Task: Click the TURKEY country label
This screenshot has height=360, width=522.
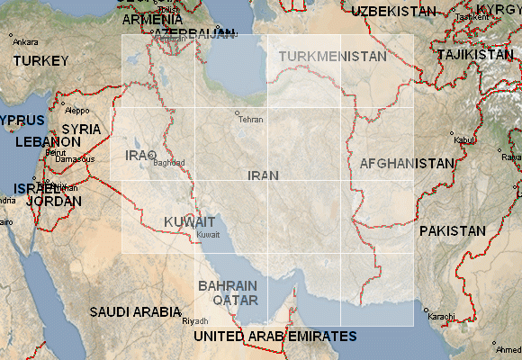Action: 40,61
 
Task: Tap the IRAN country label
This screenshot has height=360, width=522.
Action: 261,175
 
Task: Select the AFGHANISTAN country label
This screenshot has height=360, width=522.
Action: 407,164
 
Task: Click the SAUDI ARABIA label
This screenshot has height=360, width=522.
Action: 135,312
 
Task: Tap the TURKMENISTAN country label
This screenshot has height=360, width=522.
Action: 332,56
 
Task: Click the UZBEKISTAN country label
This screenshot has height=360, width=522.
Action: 394,11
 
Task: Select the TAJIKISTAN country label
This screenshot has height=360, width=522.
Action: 474,55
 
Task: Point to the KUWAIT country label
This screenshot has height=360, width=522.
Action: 190,221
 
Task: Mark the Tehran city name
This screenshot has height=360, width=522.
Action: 250,120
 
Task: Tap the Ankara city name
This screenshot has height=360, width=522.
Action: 25,41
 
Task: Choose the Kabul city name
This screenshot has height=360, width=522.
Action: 463,139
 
